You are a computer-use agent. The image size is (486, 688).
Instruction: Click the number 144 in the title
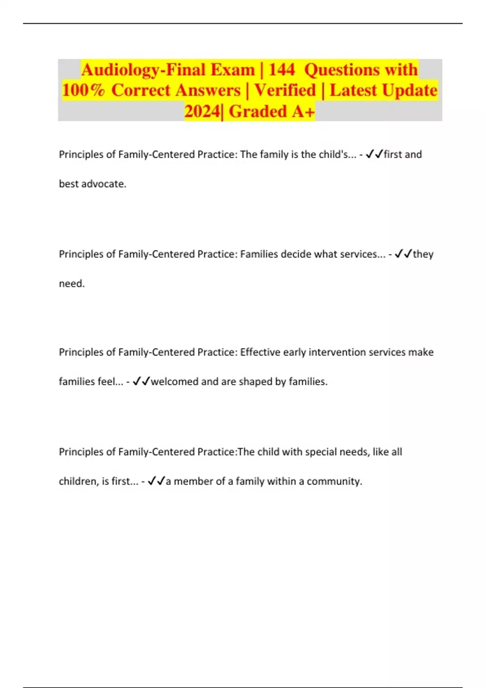click(x=281, y=70)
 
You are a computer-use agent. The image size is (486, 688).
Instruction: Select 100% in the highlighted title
click(x=83, y=90)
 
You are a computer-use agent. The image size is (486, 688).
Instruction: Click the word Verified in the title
click(x=285, y=90)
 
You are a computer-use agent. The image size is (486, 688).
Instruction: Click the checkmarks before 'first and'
click(x=374, y=154)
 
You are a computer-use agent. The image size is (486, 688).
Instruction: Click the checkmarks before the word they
click(x=403, y=254)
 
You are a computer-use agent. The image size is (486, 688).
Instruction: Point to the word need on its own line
click(x=71, y=284)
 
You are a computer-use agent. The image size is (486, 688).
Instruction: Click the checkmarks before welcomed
click(x=141, y=382)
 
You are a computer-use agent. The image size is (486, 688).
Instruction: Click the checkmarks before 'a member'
click(x=156, y=481)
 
